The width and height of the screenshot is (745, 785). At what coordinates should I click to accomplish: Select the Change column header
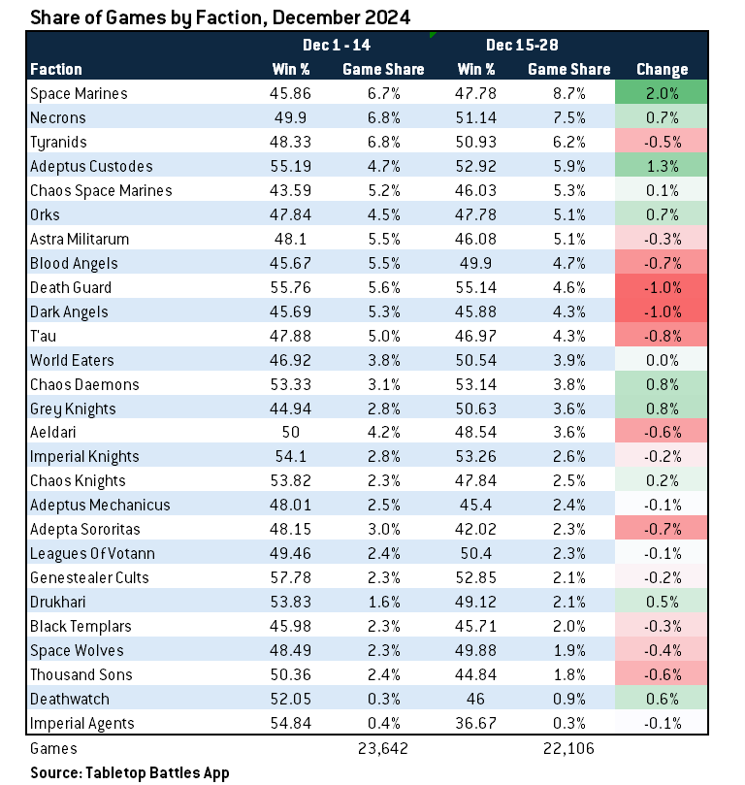pyautogui.click(x=662, y=70)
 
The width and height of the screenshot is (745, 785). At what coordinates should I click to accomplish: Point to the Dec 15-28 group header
pyautogui.click(x=521, y=46)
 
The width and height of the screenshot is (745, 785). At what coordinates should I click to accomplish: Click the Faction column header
pyautogui.click(x=56, y=70)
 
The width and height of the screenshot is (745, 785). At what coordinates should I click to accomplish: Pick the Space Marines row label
pyautogui.click(x=80, y=94)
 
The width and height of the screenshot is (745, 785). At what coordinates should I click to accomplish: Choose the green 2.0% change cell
pyautogui.click(x=662, y=94)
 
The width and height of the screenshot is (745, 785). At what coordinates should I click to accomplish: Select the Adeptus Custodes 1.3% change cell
pyautogui.click(x=662, y=167)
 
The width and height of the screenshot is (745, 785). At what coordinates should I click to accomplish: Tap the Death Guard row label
pyautogui.click(x=71, y=287)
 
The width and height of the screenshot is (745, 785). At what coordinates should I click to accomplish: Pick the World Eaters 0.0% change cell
pyautogui.click(x=662, y=360)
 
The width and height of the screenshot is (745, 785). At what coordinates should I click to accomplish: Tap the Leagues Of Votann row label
pyautogui.click(x=93, y=554)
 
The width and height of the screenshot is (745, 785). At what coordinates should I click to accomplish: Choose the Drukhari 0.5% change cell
pyautogui.click(x=662, y=603)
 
